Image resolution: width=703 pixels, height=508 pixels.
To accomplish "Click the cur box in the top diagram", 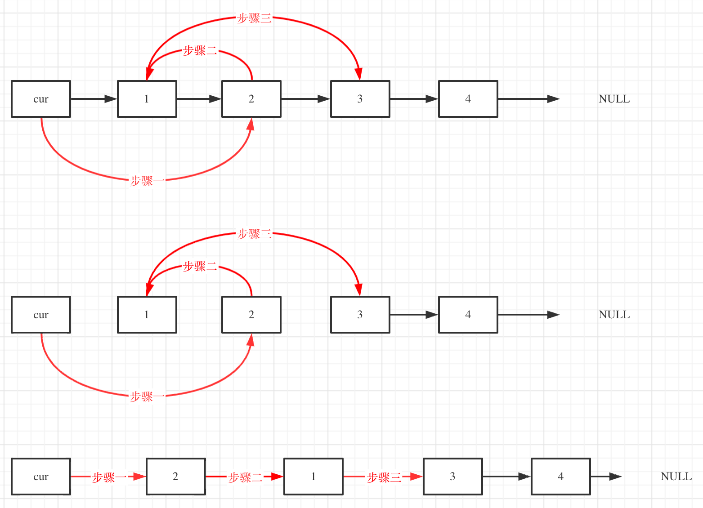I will pos(41,99).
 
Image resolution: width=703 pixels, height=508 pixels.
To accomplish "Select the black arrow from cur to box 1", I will pos(94,99).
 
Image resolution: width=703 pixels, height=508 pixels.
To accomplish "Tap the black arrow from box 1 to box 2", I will pos(199,99).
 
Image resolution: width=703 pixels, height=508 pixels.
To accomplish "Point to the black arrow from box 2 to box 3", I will pos(305,99).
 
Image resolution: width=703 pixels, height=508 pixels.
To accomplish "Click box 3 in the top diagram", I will pos(360,99).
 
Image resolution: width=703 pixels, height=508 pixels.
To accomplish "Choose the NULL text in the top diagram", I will pos(614,99).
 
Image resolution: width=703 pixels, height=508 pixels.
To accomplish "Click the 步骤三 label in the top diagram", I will pos(254,18).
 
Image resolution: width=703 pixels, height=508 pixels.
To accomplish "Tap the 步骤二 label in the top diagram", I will pos(200,51).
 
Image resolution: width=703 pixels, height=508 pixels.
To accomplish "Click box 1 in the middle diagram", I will pos(147,315).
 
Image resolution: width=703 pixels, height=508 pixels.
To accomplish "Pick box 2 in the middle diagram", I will pos(251,315).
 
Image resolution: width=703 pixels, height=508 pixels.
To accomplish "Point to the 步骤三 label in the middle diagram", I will pos(254,234).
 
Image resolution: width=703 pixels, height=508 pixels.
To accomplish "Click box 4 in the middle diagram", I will pos(468,315).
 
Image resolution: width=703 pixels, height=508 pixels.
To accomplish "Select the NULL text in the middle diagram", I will pos(614,315).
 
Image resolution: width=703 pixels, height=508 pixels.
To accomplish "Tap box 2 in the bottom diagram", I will pos(175,477).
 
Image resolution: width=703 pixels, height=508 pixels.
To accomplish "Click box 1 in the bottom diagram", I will pos(313,477).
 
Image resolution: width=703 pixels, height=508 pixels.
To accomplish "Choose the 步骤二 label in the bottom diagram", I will pos(245,477).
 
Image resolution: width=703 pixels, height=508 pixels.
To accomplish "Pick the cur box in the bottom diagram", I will pos(41,477).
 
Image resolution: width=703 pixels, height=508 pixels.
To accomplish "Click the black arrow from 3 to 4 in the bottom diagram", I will pos(506,477).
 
